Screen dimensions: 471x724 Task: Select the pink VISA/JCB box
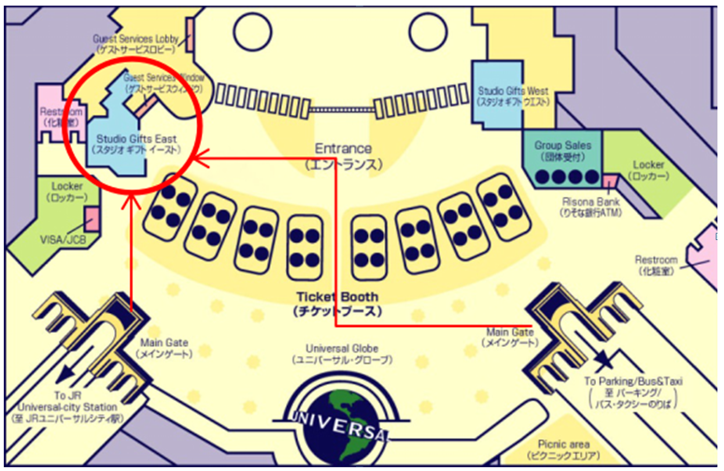pyautogui.click(x=92, y=220)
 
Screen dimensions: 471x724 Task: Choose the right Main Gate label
pyautogui.click(x=510, y=336)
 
